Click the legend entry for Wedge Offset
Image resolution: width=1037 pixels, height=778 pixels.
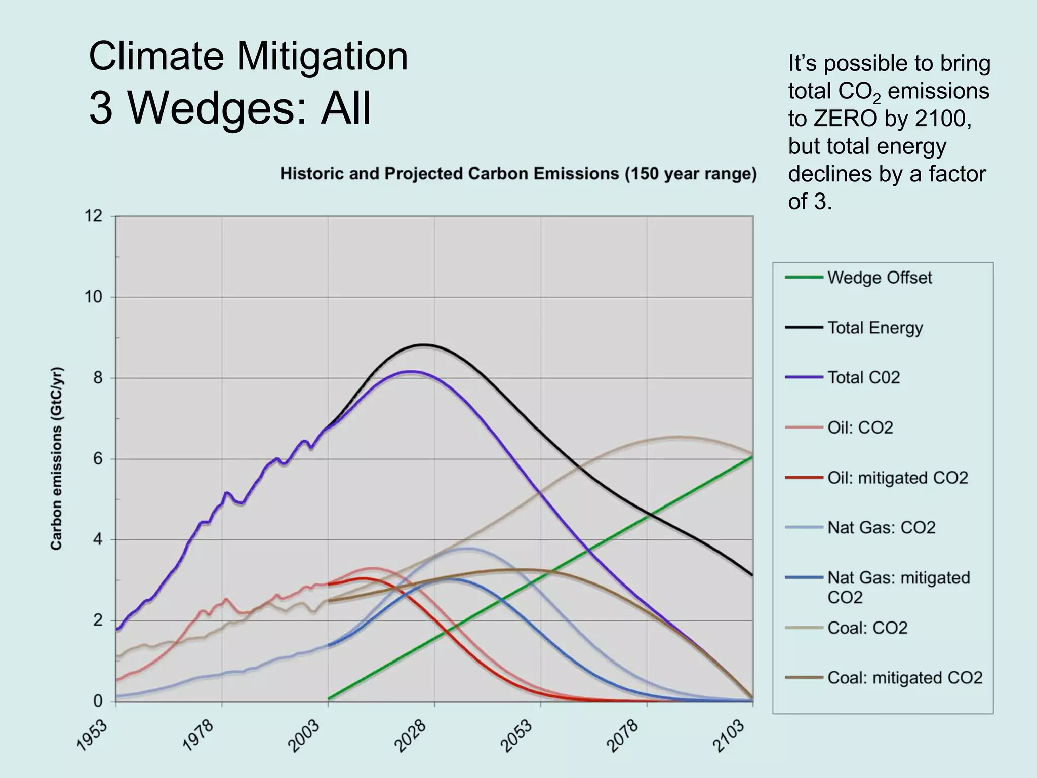879,278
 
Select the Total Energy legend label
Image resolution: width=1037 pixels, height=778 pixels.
875,328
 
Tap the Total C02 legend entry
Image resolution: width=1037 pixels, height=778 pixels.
863,377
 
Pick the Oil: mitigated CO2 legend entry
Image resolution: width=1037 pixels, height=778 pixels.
897,478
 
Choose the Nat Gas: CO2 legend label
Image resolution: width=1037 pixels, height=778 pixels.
881,528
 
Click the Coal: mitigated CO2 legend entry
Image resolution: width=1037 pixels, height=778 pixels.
904,678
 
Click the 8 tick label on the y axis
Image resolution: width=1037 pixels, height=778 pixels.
98,378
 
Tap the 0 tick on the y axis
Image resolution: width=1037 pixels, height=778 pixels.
98,702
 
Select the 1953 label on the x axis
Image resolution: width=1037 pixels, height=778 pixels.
93,735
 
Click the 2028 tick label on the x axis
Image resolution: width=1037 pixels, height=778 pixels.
411,735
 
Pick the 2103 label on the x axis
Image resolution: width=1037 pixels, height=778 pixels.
730,735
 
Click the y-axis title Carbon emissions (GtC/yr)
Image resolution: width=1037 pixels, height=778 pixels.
56,458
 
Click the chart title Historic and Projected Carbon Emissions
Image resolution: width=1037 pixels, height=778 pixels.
518,174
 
